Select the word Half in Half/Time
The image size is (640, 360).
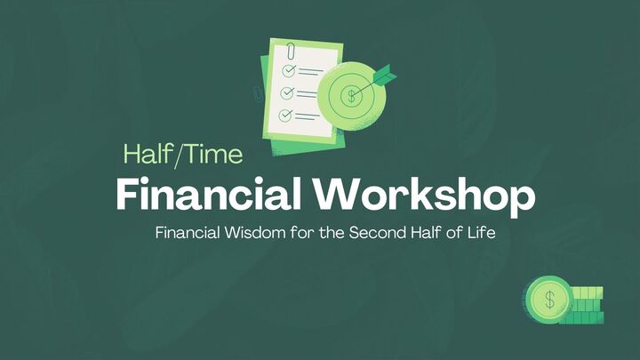146,155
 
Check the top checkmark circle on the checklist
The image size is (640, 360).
288,69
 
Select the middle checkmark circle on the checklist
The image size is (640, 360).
287,92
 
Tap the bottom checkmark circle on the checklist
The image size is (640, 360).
286,115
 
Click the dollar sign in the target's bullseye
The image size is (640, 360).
353,92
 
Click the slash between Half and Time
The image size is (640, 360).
175,156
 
